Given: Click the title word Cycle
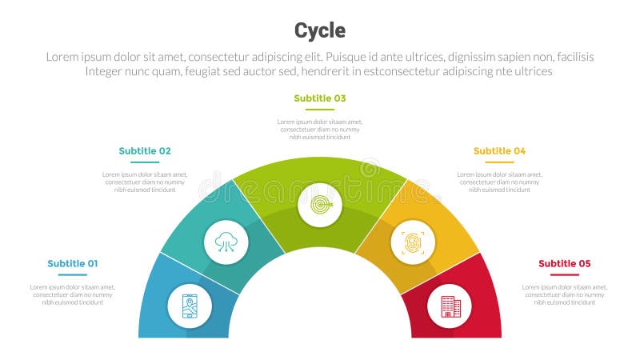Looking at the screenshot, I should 320,30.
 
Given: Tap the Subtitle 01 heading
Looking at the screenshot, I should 72,264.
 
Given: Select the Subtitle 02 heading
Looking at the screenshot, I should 145,150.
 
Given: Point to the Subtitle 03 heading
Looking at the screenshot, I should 320,98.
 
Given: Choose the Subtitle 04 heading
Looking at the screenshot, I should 499,150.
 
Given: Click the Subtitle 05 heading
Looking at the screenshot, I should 565,264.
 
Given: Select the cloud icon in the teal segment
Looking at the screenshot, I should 226,242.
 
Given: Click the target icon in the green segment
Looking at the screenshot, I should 320,206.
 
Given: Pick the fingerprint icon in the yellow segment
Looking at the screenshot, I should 413,242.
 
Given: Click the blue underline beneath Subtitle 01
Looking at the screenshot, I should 72,275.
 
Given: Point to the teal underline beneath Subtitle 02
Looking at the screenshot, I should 145,162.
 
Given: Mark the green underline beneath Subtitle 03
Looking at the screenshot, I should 320,110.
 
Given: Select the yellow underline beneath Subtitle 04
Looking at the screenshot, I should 499,162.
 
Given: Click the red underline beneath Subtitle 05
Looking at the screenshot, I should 565,275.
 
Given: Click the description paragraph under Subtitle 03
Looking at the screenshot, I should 320,130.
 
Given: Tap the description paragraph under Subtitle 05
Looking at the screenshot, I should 565,294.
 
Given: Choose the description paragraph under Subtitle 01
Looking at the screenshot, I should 72,294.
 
